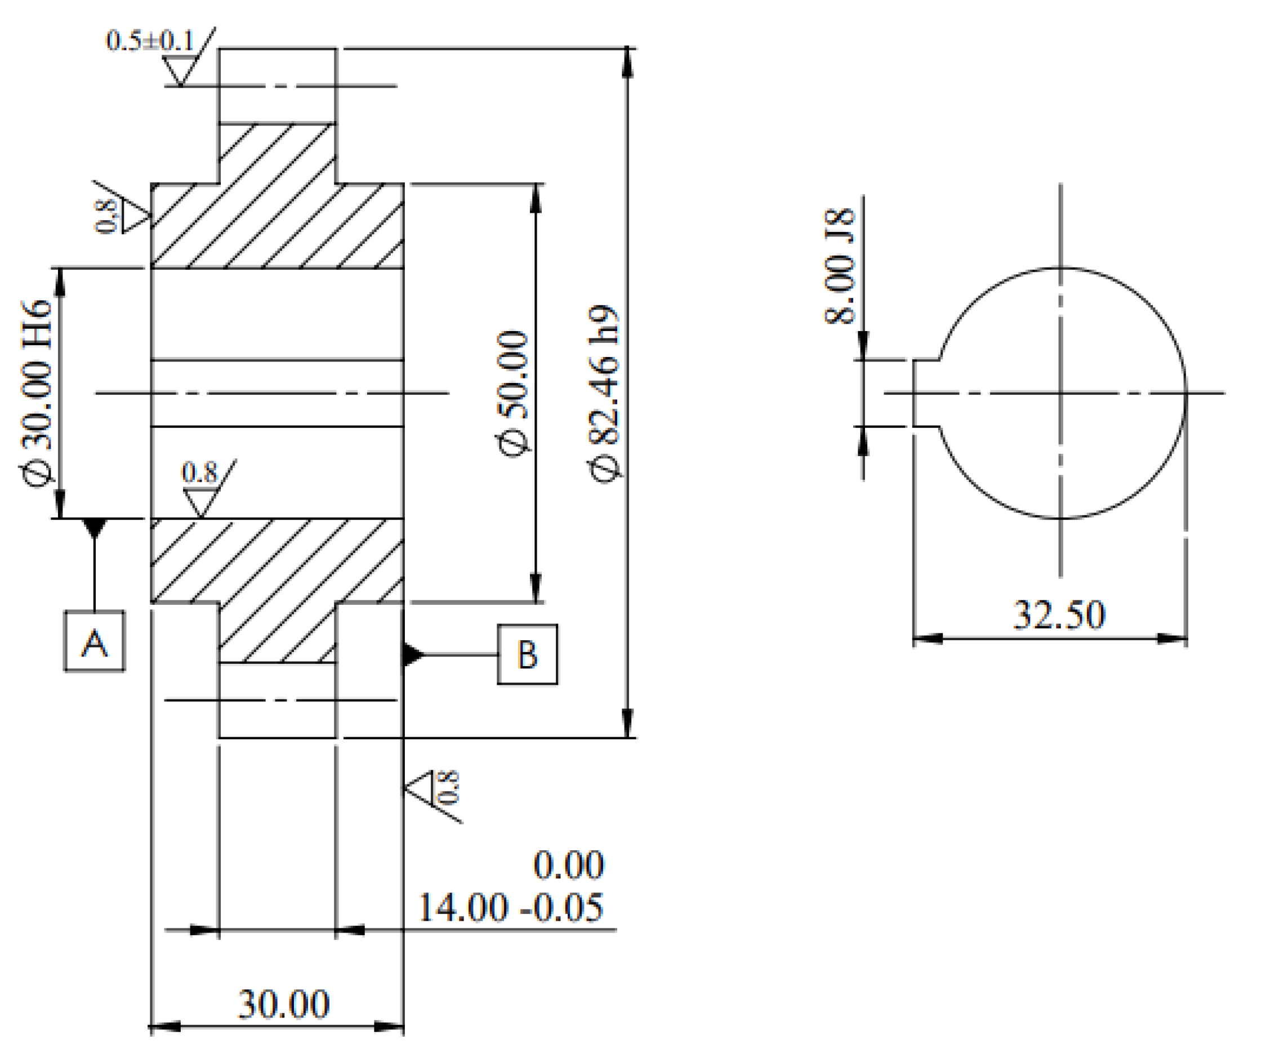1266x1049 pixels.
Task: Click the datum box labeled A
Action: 95,641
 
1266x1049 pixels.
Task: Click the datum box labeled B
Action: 527,654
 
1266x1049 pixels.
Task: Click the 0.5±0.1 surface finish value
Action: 149,41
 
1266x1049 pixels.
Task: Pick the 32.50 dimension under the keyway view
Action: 1059,615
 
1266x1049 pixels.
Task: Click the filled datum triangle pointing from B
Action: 413,654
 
